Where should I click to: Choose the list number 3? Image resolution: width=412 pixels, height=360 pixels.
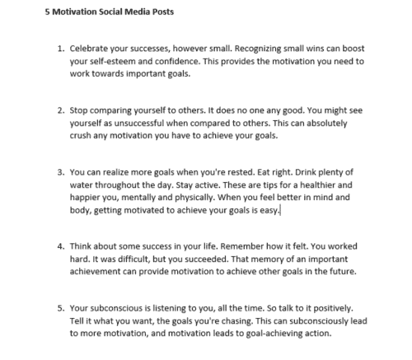(59, 174)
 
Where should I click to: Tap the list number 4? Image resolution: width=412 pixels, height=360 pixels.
(59, 245)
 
